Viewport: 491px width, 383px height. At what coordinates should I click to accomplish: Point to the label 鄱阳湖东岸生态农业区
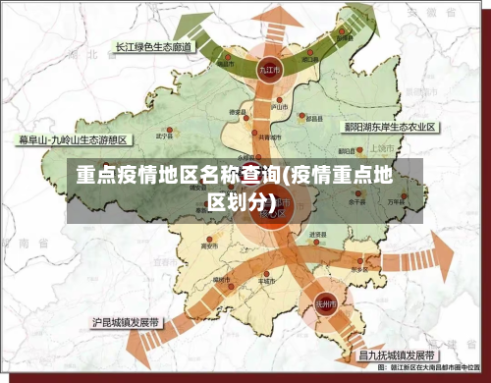point(389,128)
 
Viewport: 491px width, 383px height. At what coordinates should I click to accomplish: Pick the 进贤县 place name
point(316,235)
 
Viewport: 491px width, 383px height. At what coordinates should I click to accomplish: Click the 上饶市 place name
point(382,148)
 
